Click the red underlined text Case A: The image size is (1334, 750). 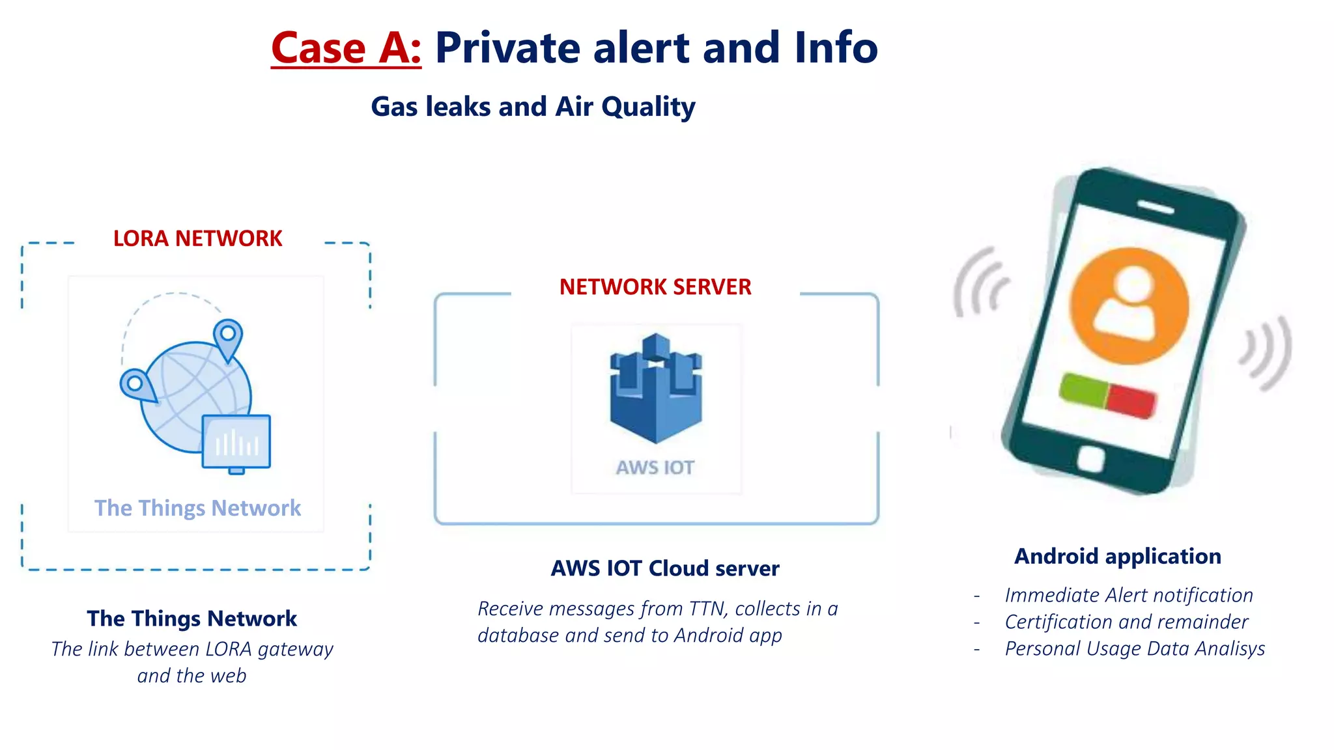(x=346, y=48)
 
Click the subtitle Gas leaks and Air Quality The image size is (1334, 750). (x=533, y=107)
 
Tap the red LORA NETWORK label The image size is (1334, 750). (x=197, y=238)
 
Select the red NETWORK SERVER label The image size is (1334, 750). (x=655, y=287)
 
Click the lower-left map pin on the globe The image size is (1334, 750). (x=136, y=385)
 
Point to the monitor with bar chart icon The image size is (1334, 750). (x=236, y=442)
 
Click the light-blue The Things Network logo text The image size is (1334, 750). (x=197, y=508)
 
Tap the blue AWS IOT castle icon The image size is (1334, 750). (x=655, y=388)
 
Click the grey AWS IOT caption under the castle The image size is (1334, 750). (x=655, y=467)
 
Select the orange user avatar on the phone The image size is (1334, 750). (x=1129, y=306)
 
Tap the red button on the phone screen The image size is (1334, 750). (x=1132, y=400)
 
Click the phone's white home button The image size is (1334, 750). (x=1090, y=459)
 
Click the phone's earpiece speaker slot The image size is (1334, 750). (x=1156, y=207)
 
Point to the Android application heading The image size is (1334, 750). (x=1118, y=556)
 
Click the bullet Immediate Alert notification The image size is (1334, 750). (x=1128, y=595)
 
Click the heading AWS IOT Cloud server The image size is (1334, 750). (x=665, y=568)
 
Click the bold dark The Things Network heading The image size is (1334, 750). (x=192, y=618)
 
